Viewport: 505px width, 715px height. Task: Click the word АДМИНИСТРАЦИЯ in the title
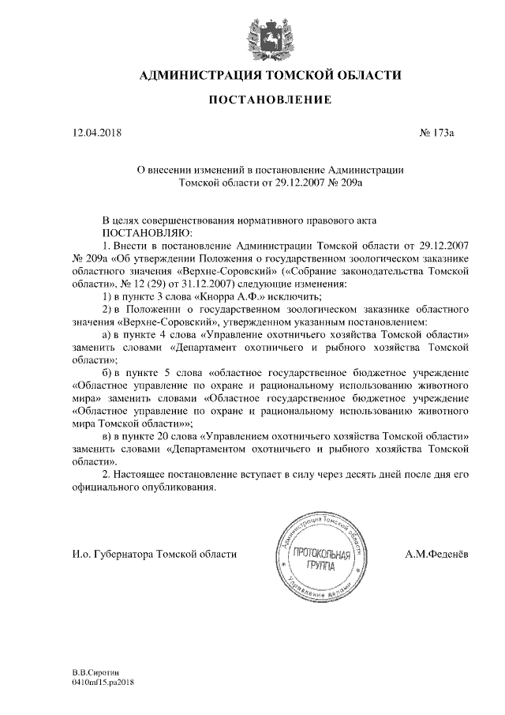tap(199, 75)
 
